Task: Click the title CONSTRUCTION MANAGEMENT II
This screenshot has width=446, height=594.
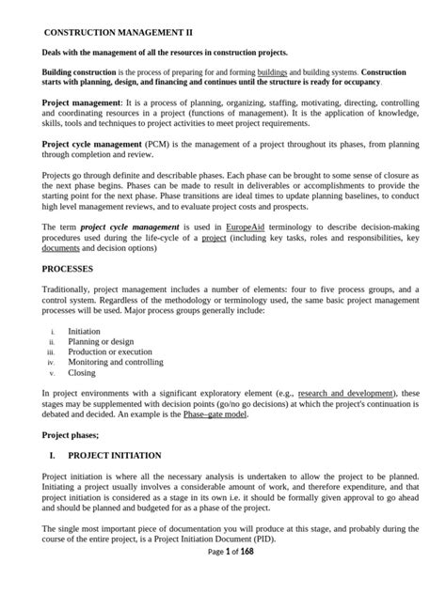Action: (111, 31)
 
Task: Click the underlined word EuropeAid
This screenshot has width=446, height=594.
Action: (248, 227)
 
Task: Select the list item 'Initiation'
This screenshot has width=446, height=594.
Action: (87, 332)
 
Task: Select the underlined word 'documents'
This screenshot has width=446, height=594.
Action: (62, 249)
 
